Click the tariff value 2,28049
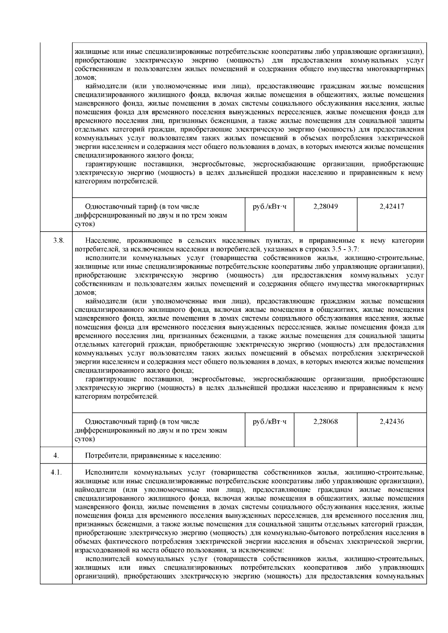pyautogui.click(x=326, y=206)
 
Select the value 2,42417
pyautogui.click(x=392, y=206)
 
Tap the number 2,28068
pyautogui.click(x=326, y=422)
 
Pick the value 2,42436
pyautogui.click(x=392, y=422)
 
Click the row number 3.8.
pyautogui.click(x=58, y=241)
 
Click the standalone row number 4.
pyautogui.click(x=56, y=455)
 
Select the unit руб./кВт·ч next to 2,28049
pyautogui.click(x=270, y=206)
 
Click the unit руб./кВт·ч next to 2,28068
pyautogui.click(x=270, y=422)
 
